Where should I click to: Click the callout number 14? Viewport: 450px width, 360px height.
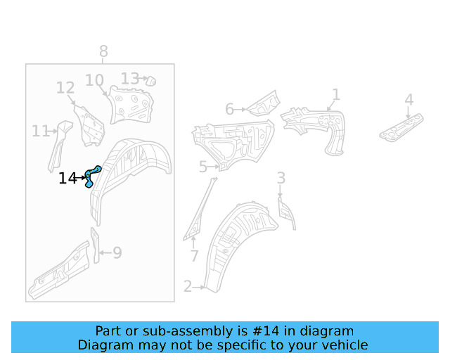tap(67, 179)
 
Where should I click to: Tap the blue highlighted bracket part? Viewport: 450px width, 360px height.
tap(91, 175)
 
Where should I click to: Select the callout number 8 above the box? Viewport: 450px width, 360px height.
tap(103, 51)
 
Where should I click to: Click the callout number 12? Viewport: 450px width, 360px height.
tap(65, 88)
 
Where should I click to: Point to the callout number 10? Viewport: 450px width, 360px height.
tap(94, 81)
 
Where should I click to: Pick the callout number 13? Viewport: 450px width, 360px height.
tap(129, 78)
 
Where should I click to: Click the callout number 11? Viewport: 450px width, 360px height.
tap(40, 131)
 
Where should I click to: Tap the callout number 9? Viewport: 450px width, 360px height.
tap(117, 252)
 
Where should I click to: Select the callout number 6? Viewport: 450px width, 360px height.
tap(229, 109)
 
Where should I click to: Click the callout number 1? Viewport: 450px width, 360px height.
tap(336, 94)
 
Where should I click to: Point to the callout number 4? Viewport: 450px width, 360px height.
tap(409, 100)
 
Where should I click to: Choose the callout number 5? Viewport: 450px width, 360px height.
tap(202, 167)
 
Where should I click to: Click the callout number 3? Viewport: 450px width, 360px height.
tap(281, 178)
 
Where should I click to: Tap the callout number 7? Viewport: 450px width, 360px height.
tap(195, 256)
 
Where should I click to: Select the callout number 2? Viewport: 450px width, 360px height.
tap(188, 286)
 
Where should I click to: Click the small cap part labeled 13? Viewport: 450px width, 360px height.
tap(150, 81)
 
